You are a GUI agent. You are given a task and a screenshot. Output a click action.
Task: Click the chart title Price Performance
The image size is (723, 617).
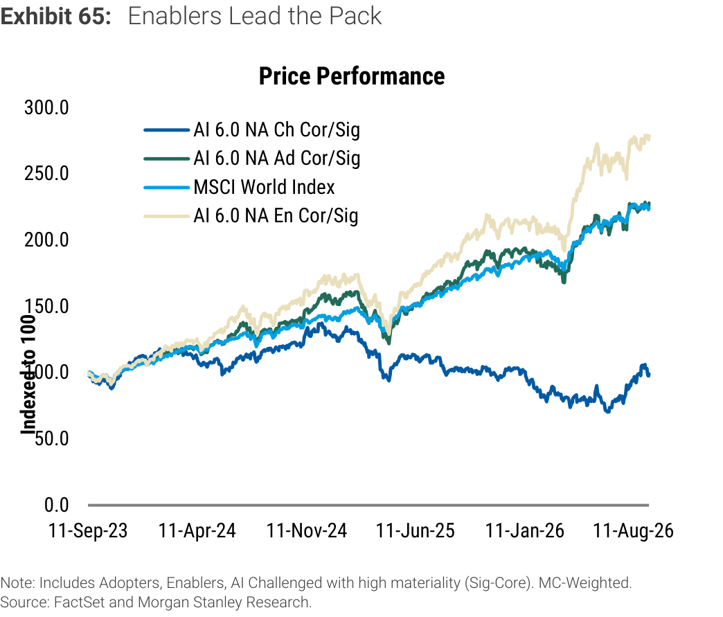(x=352, y=76)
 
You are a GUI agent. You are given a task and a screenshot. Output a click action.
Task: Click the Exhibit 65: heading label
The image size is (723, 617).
(x=56, y=16)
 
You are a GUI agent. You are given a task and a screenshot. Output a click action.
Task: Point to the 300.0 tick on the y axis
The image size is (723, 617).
(x=46, y=108)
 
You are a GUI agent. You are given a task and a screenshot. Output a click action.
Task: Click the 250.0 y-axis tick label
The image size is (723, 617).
(x=46, y=174)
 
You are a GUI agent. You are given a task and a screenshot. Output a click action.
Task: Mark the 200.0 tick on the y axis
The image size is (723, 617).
(x=46, y=240)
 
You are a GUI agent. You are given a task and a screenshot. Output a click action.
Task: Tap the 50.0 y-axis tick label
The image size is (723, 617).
(x=52, y=438)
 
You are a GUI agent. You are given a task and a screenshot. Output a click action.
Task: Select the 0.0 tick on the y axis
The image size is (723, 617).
(x=57, y=505)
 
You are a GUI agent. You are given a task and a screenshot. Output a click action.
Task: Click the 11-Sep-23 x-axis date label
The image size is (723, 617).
(x=88, y=530)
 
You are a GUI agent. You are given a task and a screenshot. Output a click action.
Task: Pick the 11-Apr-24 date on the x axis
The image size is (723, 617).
(x=197, y=530)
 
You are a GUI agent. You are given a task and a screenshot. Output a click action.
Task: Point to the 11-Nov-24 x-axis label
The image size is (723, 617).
(x=307, y=530)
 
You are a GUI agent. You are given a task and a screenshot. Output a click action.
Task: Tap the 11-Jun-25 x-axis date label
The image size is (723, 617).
(x=416, y=530)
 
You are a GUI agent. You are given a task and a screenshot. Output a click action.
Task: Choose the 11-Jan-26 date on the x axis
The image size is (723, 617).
(x=525, y=530)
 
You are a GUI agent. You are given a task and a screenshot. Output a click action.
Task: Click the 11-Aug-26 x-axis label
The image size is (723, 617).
(x=634, y=530)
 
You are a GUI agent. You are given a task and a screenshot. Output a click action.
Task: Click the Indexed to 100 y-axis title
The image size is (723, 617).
(x=28, y=375)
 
